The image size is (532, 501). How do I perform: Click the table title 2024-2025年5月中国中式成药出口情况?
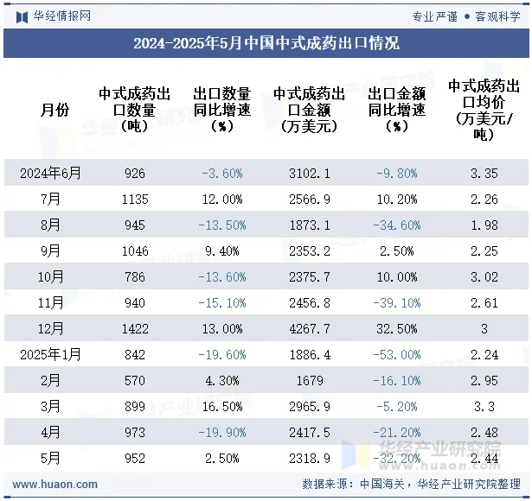point(266,43)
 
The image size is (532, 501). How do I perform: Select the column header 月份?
point(54,110)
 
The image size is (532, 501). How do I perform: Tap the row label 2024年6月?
point(51,174)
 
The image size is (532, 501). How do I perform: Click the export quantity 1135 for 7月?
point(135,200)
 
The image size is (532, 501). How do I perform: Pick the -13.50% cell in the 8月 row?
point(221,225)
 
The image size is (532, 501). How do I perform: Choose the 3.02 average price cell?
point(484,277)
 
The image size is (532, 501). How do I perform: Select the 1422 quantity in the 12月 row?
point(135,329)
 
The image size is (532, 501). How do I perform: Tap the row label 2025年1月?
point(51,355)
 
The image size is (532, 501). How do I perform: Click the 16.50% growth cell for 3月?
point(221,407)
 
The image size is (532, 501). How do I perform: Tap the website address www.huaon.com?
point(55,485)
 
